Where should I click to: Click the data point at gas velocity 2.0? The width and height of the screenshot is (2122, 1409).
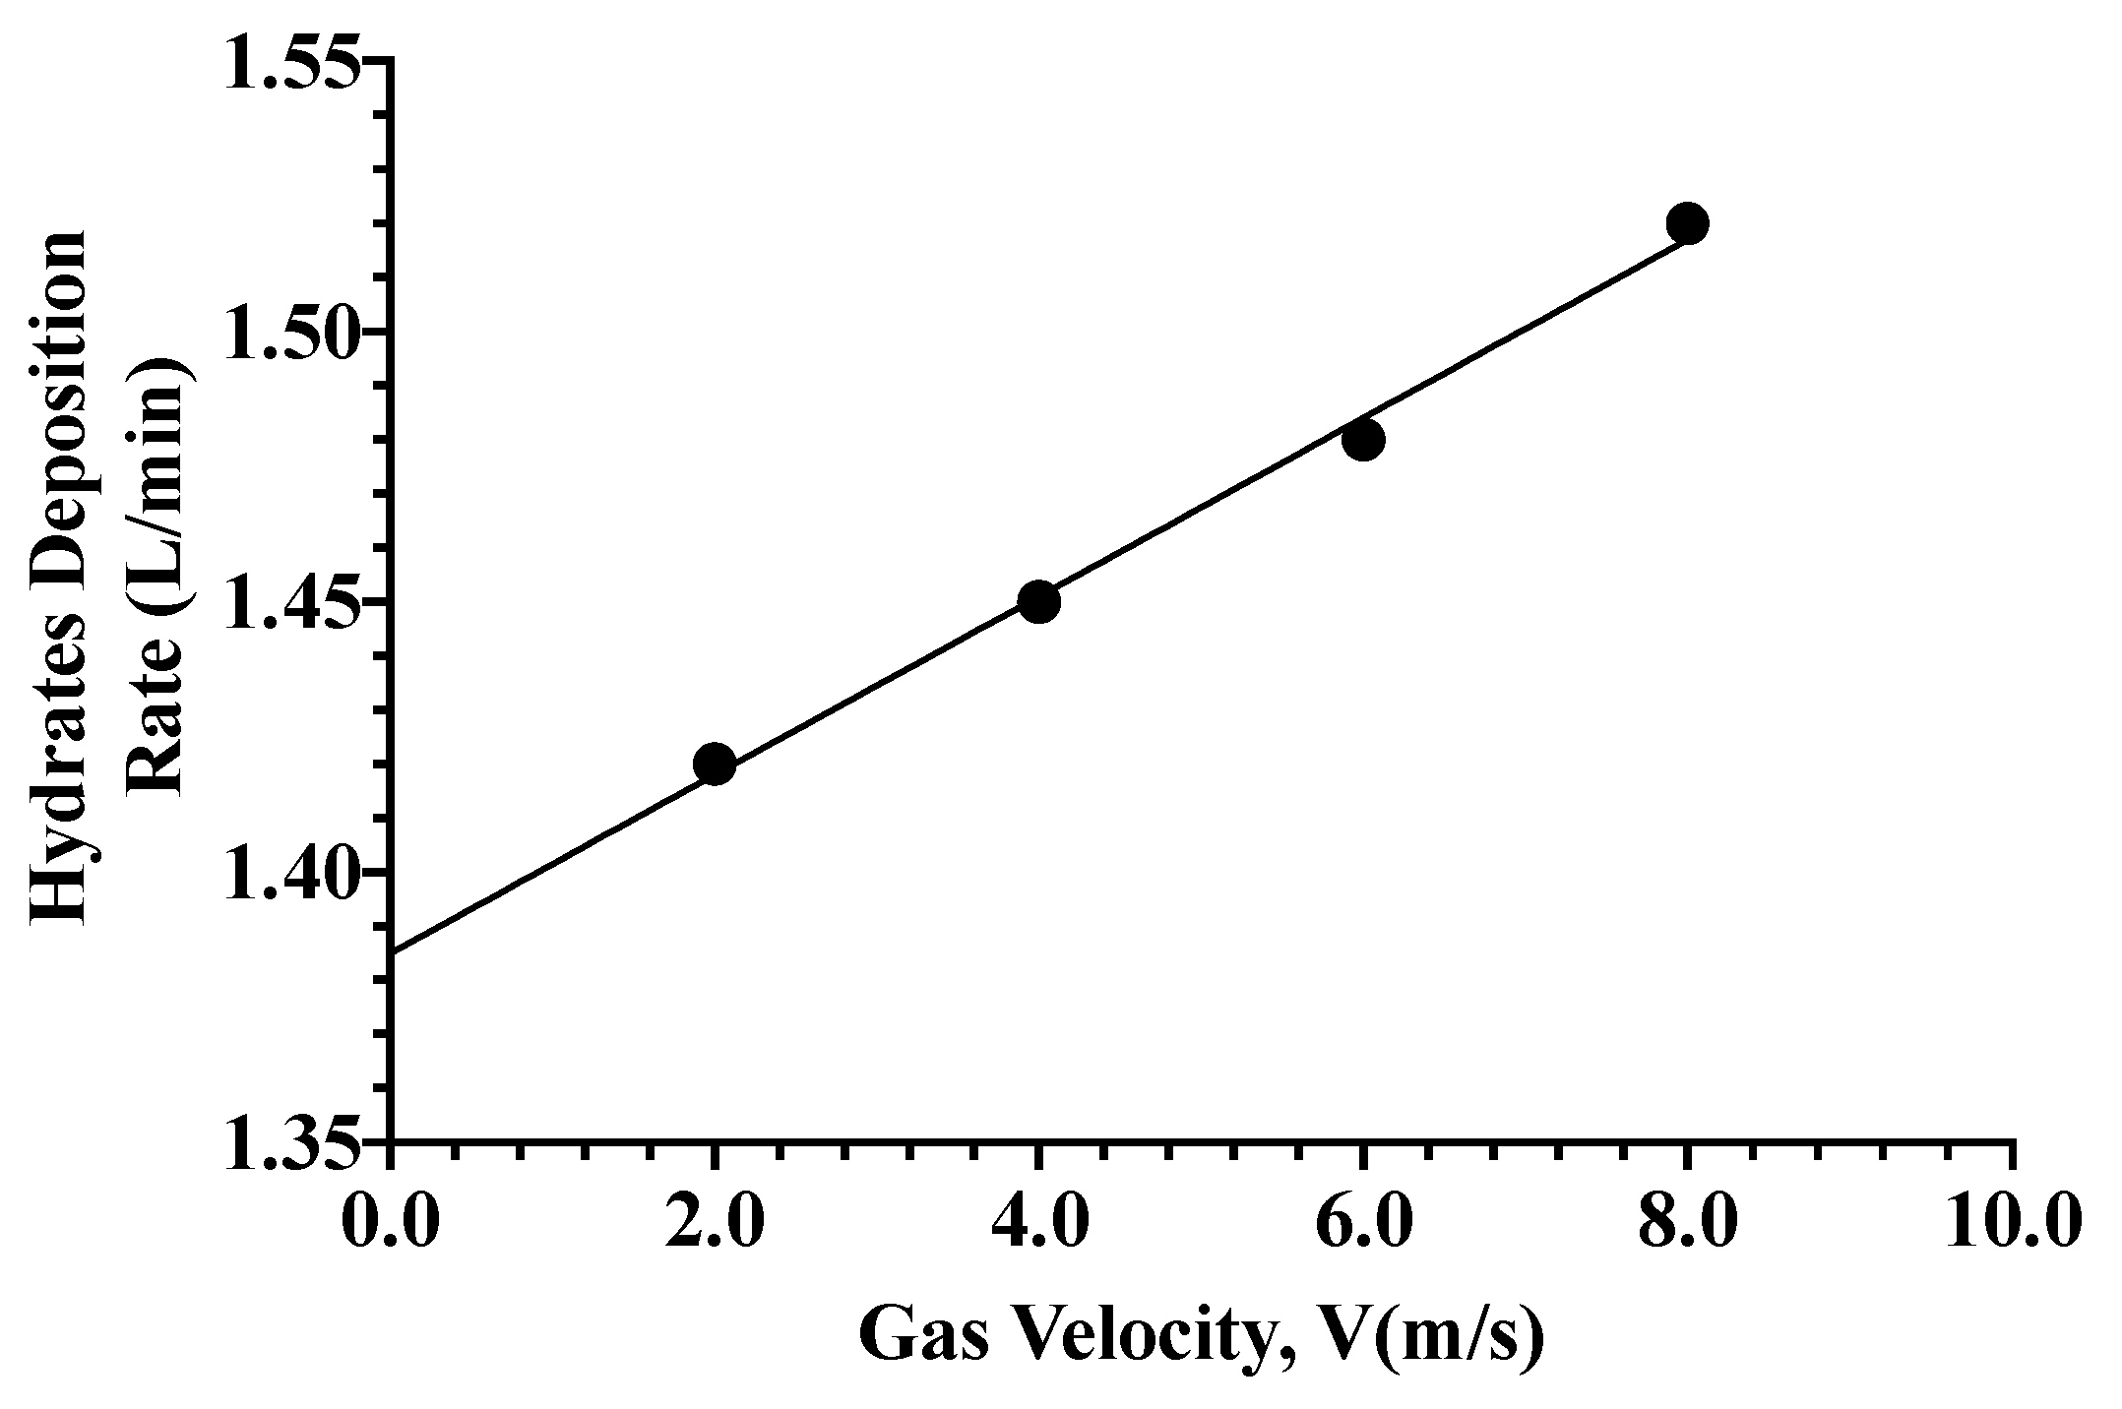[x=715, y=764]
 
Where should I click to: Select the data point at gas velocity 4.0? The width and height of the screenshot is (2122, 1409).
[x=1038, y=601]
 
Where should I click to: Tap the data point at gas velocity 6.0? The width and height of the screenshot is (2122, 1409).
[x=1363, y=439]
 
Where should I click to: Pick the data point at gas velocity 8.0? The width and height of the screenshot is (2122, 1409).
[x=1687, y=223]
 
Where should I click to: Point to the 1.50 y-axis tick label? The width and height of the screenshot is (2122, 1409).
[x=289, y=332]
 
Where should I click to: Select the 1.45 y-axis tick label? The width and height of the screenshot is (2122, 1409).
[x=289, y=602]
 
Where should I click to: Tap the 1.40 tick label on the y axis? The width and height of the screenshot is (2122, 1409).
[x=289, y=873]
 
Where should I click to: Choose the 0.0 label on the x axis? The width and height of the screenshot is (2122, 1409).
[x=391, y=1224]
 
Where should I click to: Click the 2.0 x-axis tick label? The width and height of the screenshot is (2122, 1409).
[x=715, y=1224]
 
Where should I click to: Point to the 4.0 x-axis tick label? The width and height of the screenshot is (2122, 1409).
[x=1038, y=1224]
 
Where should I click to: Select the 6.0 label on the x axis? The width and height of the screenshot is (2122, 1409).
[x=1363, y=1224]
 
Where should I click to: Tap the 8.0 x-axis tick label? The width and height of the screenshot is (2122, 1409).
[x=1687, y=1224]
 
